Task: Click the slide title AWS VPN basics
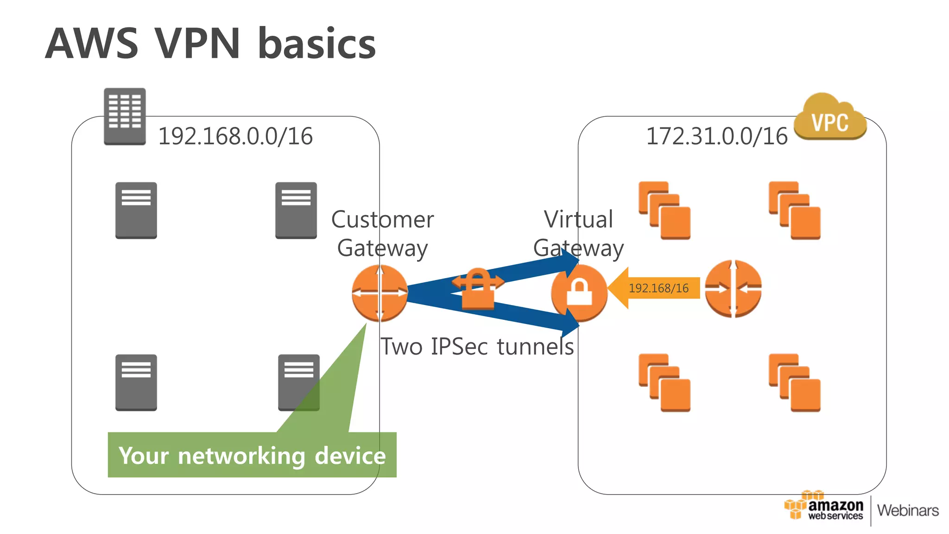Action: click(x=210, y=44)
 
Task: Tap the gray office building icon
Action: click(x=125, y=116)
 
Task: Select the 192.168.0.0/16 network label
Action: click(x=235, y=136)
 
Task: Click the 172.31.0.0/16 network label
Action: click(x=716, y=136)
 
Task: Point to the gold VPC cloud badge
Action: click(x=830, y=118)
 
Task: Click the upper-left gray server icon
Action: click(x=136, y=210)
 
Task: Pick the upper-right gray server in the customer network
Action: click(x=296, y=210)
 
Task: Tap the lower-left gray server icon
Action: click(x=136, y=382)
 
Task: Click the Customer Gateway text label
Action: click(x=382, y=233)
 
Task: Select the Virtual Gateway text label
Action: click(x=578, y=233)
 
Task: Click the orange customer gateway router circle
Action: click(x=380, y=293)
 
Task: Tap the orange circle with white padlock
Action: click(x=579, y=293)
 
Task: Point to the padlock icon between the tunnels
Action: click(x=478, y=289)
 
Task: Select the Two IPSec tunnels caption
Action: click(x=477, y=347)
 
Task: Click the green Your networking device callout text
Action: click(x=252, y=455)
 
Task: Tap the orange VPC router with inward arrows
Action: click(x=733, y=288)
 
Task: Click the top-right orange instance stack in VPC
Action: click(x=794, y=210)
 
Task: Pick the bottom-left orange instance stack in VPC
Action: click(x=664, y=382)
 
